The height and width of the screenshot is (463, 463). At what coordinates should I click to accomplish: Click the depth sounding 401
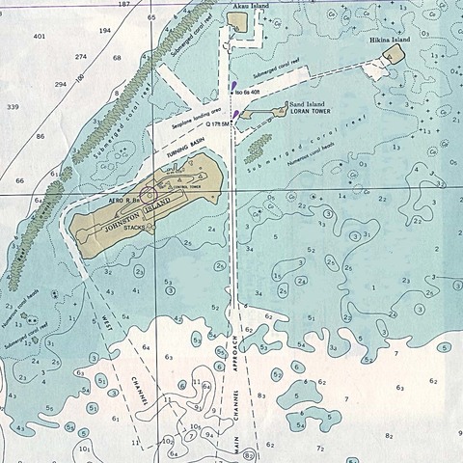pyautogui.click(x=39, y=36)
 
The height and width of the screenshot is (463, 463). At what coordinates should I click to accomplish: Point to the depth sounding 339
pyautogui.click(x=13, y=106)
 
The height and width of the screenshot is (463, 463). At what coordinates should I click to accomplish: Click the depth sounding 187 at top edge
pyautogui.click(x=123, y=5)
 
